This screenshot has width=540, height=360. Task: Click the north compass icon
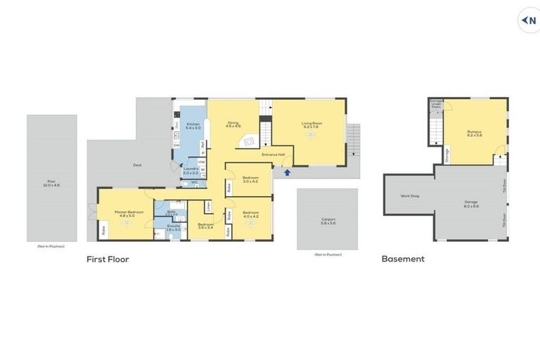pos(530,20)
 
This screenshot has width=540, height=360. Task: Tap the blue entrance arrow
pos(287,172)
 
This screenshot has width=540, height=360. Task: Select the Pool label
pos(52,182)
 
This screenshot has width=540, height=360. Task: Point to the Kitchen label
pos(193,125)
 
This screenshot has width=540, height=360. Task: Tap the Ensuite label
pos(174,226)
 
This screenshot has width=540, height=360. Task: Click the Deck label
pos(137,165)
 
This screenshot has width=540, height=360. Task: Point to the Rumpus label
pos(474,131)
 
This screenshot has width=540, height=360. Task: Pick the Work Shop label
pos(410,195)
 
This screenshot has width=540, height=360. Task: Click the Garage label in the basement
pos(471,202)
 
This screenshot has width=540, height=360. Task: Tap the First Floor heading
pos(108,259)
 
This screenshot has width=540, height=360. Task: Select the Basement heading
pos(403,259)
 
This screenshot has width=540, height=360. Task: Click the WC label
pos(194,183)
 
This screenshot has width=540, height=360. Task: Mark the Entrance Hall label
pos(273,154)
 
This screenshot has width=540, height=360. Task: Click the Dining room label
pos(233,124)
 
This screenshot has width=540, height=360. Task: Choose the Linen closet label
pos(209,206)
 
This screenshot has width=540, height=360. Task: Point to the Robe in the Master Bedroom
pos(103,229)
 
